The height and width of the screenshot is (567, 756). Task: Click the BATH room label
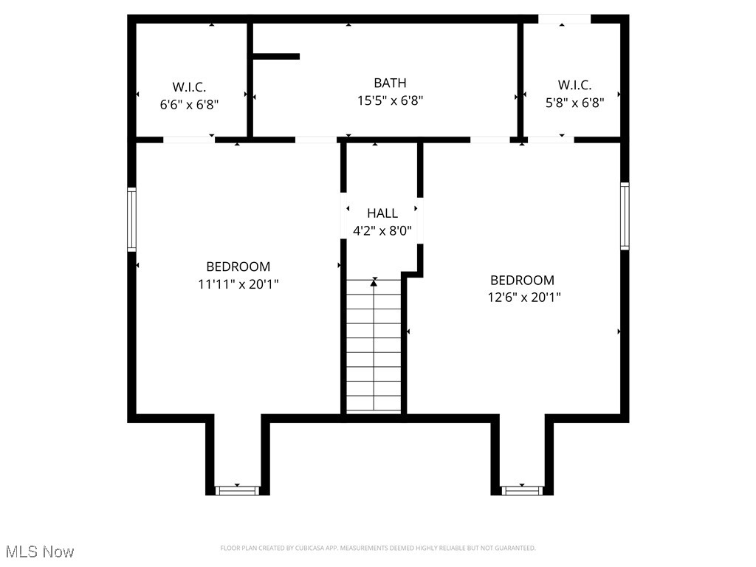click(x=390, y=83)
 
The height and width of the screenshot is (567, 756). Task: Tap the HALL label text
click(x=382, y=213)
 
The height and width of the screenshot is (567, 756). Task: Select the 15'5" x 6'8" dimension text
click(x=390, y=101)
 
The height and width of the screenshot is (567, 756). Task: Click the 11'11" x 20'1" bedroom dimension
click(x=238, y=283)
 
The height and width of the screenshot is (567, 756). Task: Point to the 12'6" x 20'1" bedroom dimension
click(x=522, y=298)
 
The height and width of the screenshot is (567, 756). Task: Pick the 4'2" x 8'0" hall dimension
click(x=382, y=230)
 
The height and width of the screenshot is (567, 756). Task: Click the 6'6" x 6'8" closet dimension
click(x=189, y=105)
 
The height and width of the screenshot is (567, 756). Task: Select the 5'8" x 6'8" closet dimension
click(x=574, y=105)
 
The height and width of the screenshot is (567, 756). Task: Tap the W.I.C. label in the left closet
click(x=189, y=87)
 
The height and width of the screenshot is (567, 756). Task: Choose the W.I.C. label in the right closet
click(x=574, y=86)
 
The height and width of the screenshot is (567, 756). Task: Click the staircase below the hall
click(x=374, y=347)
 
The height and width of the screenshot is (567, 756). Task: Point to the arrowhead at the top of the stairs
click(x=374, y=281)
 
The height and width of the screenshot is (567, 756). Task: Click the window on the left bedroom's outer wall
click(x=132, y=219)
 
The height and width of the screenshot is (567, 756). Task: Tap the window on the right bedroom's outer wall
click(x=625, y=216)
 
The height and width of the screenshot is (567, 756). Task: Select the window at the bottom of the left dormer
click(x=238, y=490)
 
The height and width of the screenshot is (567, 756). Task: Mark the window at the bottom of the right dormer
click(x=522, y=490)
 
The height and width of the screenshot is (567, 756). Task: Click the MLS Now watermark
click(x=40, y=551)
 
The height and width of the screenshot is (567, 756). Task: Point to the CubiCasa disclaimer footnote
click(x=377, y=548)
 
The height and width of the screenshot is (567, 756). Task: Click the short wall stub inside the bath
click(x=276, y=56)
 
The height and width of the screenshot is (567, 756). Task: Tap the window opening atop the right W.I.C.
click(x=564, y=19)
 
